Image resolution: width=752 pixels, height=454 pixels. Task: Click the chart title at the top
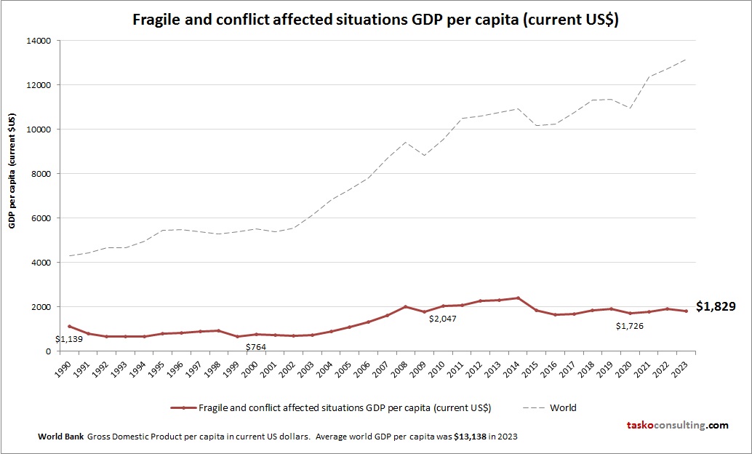pos(375,20)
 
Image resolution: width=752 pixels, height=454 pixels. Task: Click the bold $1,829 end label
pos(716,307)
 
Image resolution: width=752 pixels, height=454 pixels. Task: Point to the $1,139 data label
pos(70,338)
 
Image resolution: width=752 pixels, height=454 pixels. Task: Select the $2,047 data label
pos(443,319)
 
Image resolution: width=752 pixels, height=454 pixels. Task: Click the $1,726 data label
pos(629,326)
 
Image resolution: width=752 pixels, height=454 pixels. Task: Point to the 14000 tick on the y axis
pos(39,41)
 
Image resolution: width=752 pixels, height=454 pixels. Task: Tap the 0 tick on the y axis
pos(47,351)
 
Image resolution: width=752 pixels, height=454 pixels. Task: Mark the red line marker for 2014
pos(517,298)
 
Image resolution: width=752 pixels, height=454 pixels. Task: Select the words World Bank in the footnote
pos(60,437)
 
